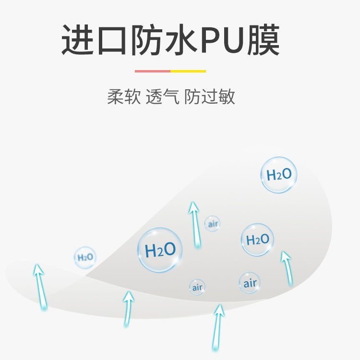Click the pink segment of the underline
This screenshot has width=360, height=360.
[153, 71]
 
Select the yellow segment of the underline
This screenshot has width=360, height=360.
[188, 71]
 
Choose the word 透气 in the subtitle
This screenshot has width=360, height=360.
[162, 96]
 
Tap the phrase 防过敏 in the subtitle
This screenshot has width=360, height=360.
[210, 96]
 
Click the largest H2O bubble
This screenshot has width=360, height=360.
[160, 250]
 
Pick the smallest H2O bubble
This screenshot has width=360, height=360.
[85, 258]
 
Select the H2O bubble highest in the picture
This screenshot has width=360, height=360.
[279, 175]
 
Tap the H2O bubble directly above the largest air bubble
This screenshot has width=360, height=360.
[257, 240]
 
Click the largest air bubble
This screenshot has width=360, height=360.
[250, 283]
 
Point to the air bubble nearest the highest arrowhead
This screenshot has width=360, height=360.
[212, 224]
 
